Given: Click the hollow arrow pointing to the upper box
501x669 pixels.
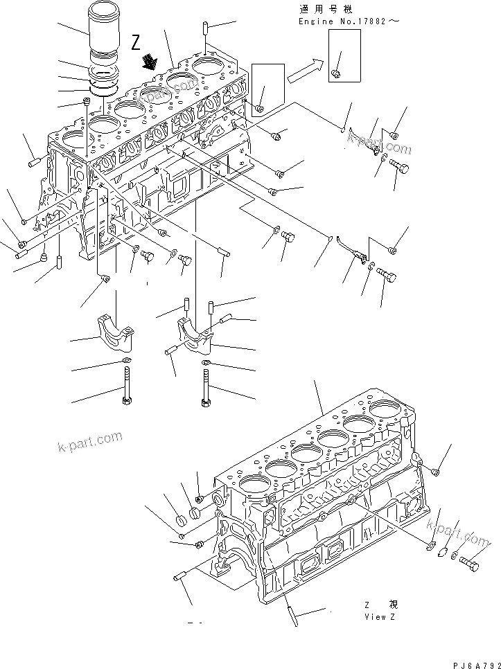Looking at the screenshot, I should pos(306,68).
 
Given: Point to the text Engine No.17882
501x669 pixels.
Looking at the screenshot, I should pos(349,21).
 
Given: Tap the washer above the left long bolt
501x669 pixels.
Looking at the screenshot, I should pos(125,361).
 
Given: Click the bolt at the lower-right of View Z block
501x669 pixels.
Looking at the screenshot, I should pos(469,564).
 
